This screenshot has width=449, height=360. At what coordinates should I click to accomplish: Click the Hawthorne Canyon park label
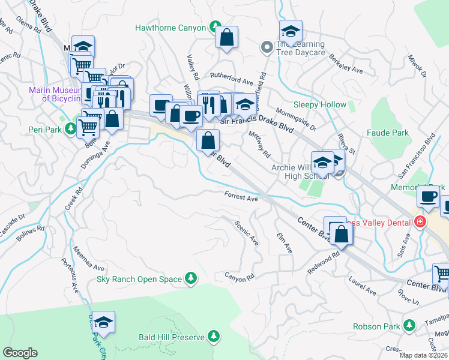click(x=170, y=27)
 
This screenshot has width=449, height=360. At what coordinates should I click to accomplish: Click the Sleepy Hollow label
click(x=319, y=104)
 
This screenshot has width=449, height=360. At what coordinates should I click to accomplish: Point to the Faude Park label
click(x=388, y=133)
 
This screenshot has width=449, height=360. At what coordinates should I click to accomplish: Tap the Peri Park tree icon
click(x=70, y=128)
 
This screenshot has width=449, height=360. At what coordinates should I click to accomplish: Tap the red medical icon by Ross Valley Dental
click(x=420, y=223)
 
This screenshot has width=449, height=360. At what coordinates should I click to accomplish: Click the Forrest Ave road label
click(x=241, y=197)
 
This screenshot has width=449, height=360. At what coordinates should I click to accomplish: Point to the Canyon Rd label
click(x=240, y=277)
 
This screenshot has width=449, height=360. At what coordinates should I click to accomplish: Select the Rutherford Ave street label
click(x=231, y=80)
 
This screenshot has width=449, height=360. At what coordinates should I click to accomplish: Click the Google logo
click(x=20, y=353)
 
